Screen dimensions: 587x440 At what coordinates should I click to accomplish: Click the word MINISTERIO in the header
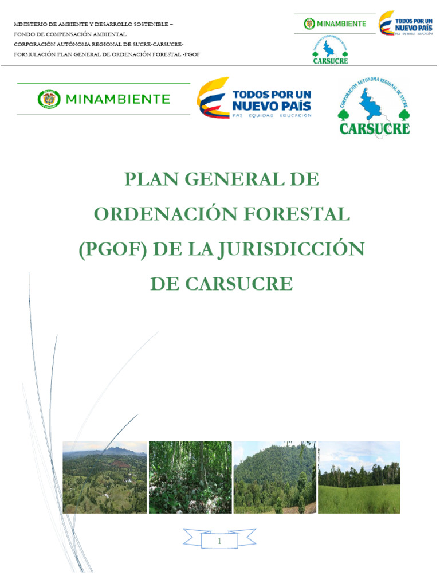[x=30, y=25]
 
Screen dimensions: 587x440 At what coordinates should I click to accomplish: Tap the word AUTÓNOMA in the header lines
[x=70, y=44]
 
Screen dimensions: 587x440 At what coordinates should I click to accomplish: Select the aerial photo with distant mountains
[x=104, y=477]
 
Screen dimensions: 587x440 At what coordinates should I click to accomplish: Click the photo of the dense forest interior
[x=190, y=477]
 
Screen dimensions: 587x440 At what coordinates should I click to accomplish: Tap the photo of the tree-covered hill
[x=274, y=477]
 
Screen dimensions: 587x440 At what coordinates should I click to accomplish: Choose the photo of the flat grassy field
[x=359, y=477]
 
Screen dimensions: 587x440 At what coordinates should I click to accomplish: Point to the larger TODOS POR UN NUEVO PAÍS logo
[x=254, y=99]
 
